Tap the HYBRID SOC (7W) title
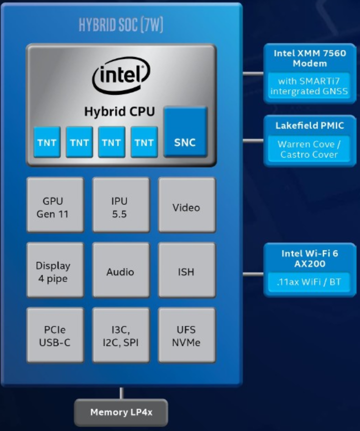(121, 25)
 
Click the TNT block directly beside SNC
(144, 142)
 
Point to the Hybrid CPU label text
(119, 111)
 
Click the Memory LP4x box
(121, 412)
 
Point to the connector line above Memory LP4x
(121, 393)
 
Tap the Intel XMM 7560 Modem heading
(309, 58)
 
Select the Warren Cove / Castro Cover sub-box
(309, 149)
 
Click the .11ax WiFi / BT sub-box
(309, 282)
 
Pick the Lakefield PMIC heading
(309, 125)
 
